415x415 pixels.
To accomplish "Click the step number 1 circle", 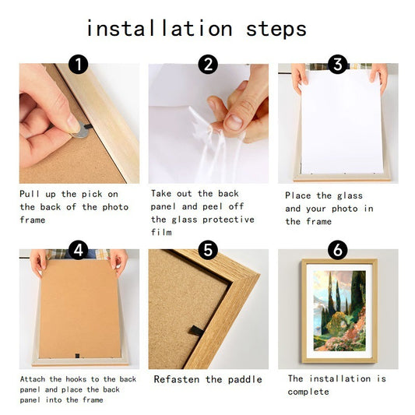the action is (x=79, y=65).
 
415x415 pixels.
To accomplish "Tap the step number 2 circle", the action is (x=208, y=65).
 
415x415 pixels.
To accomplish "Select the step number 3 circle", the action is (x=337, y=65).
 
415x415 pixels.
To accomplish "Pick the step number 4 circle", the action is (x=79, y=250).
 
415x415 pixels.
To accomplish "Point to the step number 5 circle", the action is (x=208, y=250).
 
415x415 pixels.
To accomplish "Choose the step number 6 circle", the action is (x=337, y=250).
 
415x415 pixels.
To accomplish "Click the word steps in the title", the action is (x=276, y=29).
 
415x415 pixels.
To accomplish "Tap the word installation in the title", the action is (x=160, y=28).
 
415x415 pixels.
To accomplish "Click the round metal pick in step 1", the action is (x=81, y=131).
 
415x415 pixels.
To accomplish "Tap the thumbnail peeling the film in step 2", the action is (x=233, y=122).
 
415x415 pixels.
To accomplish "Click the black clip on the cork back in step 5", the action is (x=196, y=331).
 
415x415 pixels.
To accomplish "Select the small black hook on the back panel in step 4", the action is (x=77, y=356).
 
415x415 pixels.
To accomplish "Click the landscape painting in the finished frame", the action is (x=339, y=311).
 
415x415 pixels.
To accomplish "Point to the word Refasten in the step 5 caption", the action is (x=177, y=379).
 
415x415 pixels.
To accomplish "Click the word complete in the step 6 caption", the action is (x=308, y=392).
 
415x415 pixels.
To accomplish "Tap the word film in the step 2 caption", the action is (x=161, y=232).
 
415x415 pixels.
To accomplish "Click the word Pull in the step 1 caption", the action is (x=30, y=194).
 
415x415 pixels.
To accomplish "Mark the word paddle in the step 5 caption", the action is (x=244, y=379).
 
